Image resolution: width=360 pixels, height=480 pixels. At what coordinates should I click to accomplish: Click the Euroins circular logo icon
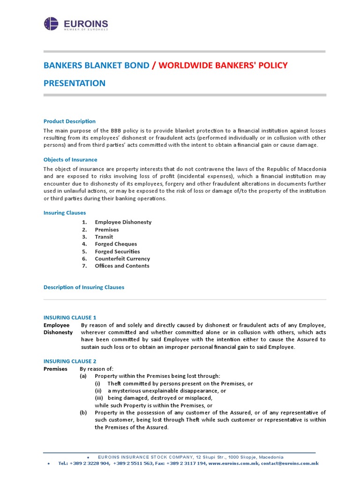coord(51,24)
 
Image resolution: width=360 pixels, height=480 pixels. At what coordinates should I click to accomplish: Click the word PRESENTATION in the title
coord(75,83)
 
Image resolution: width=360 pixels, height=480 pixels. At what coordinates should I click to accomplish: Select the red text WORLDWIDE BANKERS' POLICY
coord(223,65)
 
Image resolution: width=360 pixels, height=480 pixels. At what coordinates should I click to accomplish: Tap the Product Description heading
coord(69,121)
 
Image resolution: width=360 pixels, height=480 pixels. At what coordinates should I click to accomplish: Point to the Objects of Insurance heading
coord(70,160)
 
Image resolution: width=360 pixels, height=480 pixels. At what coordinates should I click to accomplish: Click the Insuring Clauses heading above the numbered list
coord(65,213)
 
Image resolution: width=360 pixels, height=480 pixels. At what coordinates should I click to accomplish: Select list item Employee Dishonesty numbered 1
coord(123,222)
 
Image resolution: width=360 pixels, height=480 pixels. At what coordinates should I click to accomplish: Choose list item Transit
coord(104,237)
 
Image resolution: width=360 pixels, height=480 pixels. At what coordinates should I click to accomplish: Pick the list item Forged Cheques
coord(116,244)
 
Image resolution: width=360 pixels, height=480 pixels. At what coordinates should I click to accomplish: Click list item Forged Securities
coord(117,252)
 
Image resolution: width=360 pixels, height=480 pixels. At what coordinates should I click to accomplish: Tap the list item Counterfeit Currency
coord(122,259)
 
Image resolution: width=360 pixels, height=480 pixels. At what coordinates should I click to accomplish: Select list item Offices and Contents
coord(122,266)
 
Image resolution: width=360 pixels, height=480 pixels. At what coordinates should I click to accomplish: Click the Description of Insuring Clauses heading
coord(84,287)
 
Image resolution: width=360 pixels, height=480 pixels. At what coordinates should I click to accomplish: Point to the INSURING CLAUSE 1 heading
coord(70,317)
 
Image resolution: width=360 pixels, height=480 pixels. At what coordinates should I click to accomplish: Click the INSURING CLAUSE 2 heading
coord(70,361)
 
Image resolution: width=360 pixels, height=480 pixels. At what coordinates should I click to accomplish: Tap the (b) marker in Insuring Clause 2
coord(83,412)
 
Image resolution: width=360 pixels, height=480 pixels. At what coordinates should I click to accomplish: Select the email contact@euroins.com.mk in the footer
coord(290,463)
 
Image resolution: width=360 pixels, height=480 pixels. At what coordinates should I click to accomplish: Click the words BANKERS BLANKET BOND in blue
coord(97,65)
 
